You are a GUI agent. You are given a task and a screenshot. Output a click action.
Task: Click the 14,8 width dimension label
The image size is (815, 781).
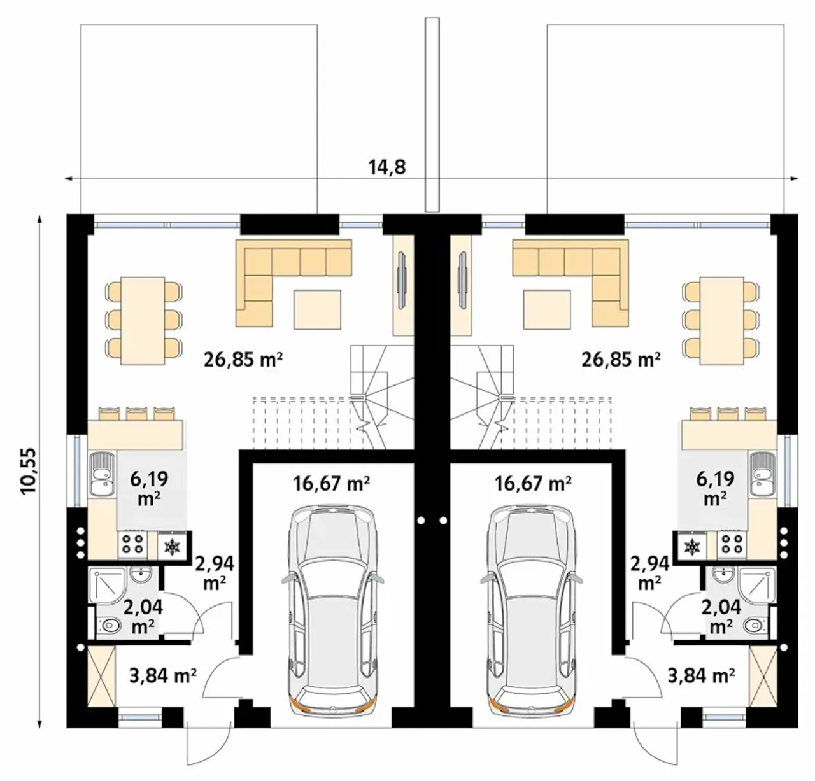(387, 167)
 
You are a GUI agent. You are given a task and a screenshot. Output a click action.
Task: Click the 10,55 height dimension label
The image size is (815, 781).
(30, 471)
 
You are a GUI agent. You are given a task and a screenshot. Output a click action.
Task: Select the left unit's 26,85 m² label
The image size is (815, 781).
(243, 359)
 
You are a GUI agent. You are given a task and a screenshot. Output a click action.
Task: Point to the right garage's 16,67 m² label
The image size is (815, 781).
(533, 484)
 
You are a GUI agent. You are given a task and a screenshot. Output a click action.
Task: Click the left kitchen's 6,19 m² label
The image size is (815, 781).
(149, 488)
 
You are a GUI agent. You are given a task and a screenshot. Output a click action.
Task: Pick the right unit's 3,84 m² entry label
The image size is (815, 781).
(700, 675)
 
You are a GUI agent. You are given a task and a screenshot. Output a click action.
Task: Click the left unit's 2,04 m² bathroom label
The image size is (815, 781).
(143, 616)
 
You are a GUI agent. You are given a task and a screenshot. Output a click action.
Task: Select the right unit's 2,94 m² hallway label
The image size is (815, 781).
(649, 573)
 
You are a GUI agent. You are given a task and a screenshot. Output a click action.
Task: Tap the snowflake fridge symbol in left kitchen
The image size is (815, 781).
(171, 547)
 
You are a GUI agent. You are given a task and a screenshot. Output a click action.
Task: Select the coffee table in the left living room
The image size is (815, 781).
(317, 309)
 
